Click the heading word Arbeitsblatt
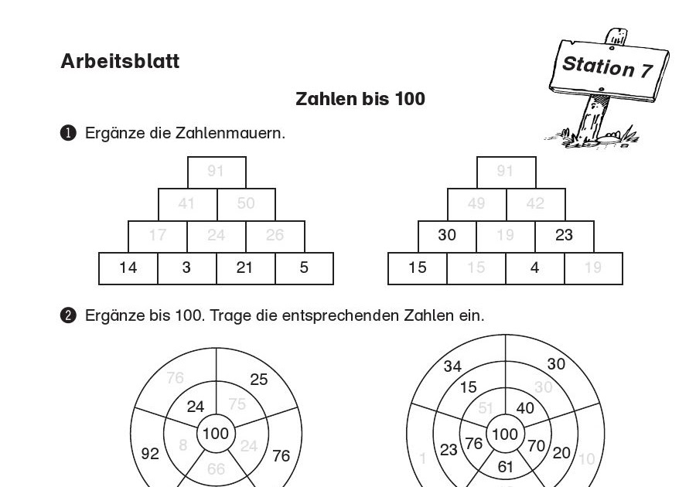(x=120, y=62)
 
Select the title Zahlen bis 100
(x=360, y=99)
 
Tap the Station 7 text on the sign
(x=607, y=66)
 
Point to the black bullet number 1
(x=68, y=133)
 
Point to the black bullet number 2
(x=68, y=315)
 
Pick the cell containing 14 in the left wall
(x=128, y=268)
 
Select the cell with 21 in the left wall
(x=245, y=268)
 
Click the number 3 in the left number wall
(x=186, y=268)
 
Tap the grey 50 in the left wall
(x=246, y=204)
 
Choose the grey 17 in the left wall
(x=157, y=236)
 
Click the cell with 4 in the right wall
(x=535, y=268)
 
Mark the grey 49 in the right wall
(x=476, y=204)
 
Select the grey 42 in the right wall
(x=535, y=204)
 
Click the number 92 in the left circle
(x=150, y=453)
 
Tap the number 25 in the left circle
(x=259, y=379)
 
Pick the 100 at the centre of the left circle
(x=215, y=434)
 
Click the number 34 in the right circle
(x=453, y=366)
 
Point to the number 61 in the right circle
(x=505, y=466)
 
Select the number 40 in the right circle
(x=525, y=407)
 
